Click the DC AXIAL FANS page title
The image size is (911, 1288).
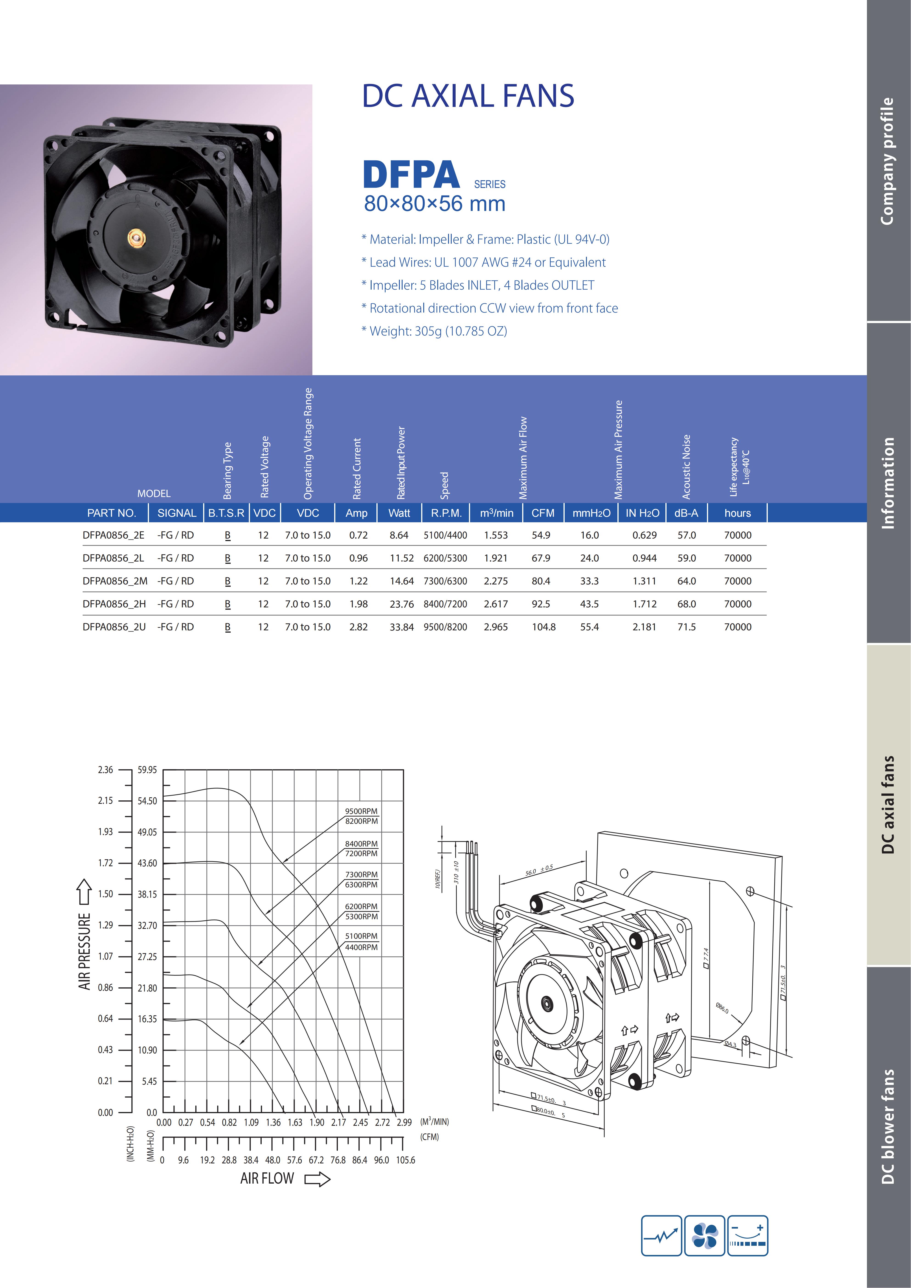[468, 96]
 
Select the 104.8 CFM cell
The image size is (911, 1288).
[544, 627]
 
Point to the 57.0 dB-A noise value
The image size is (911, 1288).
[687, 535]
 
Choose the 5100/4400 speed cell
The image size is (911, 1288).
[446, 535]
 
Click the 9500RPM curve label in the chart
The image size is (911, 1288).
[361, 811]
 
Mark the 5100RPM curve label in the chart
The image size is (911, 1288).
[361, 936]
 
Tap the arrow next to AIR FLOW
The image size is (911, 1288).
[317, 1180]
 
